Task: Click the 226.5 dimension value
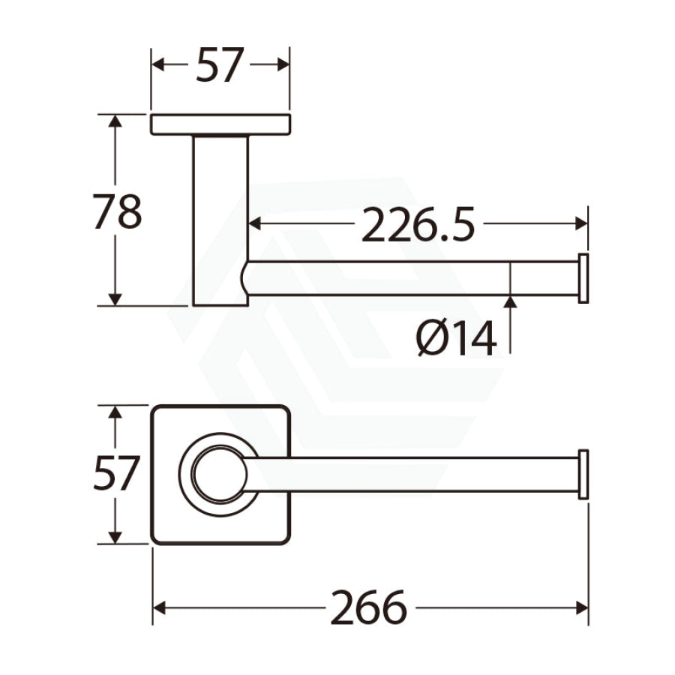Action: pos(418,224)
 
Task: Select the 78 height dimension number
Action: pos(117,211)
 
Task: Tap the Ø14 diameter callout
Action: pos(456,340)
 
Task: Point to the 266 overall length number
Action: pos(368,608)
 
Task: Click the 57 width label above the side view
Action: pos(220,65)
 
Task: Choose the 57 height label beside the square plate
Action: pos(116,474)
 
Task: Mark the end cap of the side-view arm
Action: pos(583,278)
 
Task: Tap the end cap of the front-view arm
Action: pos(583,475)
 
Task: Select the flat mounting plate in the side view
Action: pos(220,124)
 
